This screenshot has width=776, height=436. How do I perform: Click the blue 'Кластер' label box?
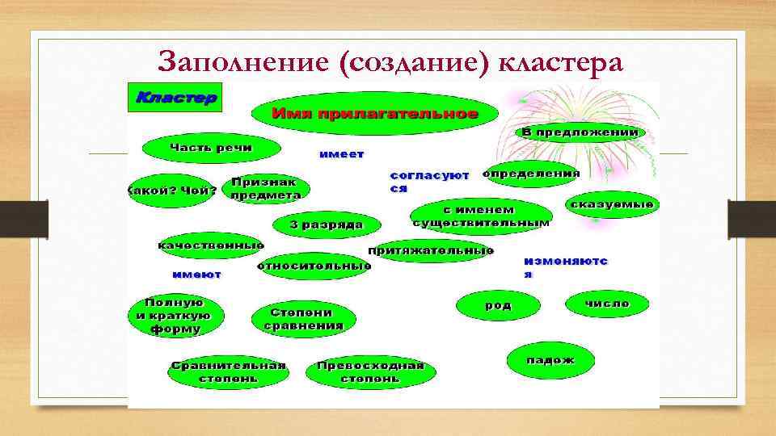tap(175, 98)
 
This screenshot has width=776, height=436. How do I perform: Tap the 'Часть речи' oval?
tap(211, 148)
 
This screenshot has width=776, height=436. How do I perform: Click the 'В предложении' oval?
tap(580, 132)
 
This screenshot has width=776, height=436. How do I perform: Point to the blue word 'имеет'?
tap(341, 154)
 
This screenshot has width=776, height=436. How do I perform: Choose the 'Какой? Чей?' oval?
tap(171, 191)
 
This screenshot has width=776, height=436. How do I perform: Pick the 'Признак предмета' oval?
tap(264, 189)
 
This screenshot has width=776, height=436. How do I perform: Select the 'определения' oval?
tap(530, 174)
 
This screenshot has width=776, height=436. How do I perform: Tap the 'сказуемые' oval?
tap(612, 206)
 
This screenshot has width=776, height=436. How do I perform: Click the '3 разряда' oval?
tap(327, 224)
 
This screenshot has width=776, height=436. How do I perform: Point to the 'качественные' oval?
tap(210, 245)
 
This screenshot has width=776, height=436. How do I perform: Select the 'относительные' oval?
tap(314, 266)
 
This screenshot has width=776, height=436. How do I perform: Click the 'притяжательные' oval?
tap(432, 251)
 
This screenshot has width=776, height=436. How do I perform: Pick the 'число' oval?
tap(607, 304)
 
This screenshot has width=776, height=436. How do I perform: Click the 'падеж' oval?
tap(550, 360)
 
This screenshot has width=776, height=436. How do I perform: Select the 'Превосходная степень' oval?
tap(370, 371)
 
